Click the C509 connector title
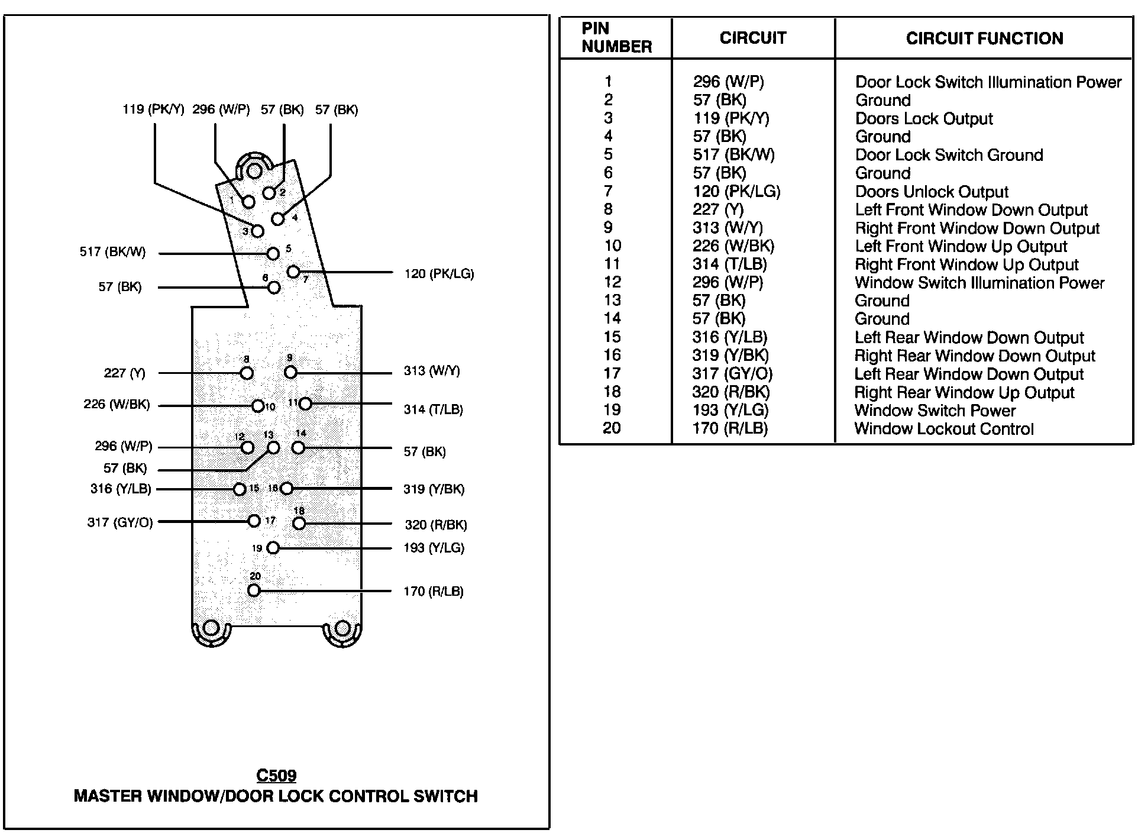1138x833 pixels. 276,776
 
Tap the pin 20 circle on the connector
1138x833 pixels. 254,590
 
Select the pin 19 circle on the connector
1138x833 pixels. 273,548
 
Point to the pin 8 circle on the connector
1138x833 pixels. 247,373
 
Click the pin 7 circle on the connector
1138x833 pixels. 293,272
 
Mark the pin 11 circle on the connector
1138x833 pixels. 305,403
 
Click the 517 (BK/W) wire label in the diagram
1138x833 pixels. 112,253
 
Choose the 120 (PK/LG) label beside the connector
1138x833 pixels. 439,274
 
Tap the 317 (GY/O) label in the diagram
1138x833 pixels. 120,522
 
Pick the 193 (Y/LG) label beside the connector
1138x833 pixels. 434,548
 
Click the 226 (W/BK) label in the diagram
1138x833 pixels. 117,405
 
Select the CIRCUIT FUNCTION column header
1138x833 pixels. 984,39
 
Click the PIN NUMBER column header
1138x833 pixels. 616,38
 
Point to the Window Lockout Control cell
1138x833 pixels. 944,429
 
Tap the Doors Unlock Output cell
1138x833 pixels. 932,192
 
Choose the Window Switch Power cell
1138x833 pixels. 935,411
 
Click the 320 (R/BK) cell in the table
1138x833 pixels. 731,392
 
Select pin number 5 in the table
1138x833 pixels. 609,155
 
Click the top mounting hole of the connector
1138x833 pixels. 254,172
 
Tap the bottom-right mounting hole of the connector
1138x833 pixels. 342,628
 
